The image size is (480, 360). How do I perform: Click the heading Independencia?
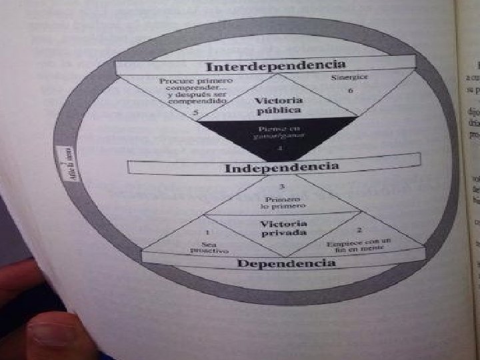(x=281, y=166)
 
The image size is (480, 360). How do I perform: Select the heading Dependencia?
(x=287, y=263)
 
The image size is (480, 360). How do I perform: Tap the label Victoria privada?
(x=283, y=228)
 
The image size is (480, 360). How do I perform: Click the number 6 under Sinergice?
(x=351, y=91)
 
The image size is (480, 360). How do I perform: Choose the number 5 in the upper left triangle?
(x=195, y=113)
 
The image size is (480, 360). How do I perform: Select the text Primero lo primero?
(x=283, y=203)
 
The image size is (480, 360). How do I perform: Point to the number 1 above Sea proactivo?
(x=208, y=233)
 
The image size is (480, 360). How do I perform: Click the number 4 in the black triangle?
(x=280, y=147)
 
